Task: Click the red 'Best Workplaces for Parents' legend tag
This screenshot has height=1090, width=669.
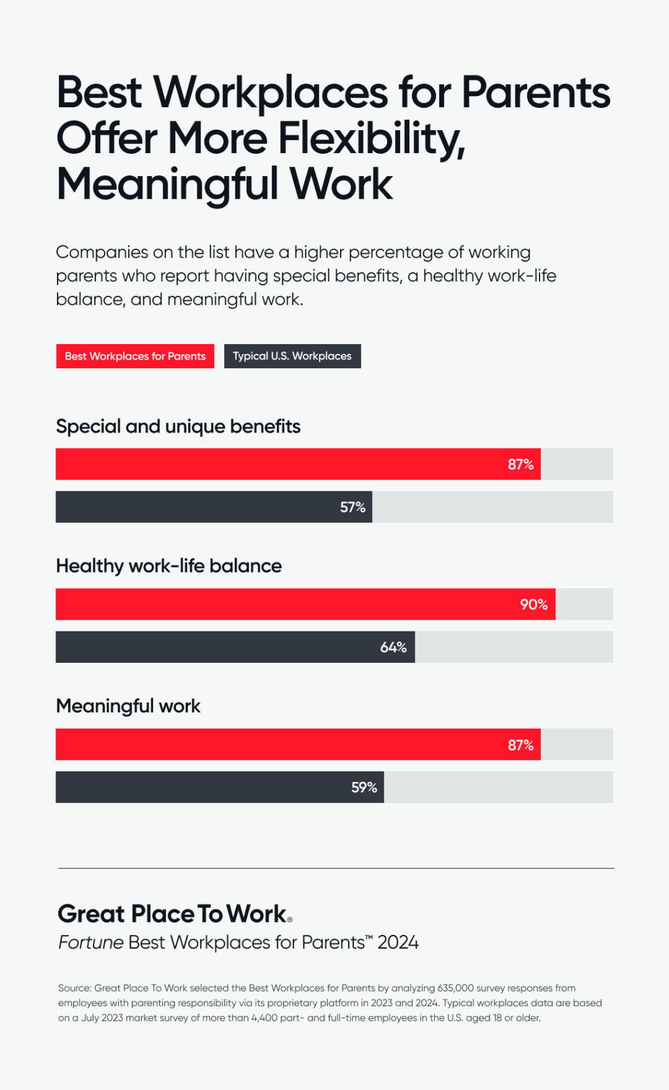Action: pyautogui.click(x=135, y=356)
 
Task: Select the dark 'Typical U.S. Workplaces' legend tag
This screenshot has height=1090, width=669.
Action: pyautogui.click(x=292, y=356)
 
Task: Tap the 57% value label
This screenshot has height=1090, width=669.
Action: pyautogui.click(x=352, y=507)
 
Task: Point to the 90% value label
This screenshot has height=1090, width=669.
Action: pyautogui.click(x=534, y=605)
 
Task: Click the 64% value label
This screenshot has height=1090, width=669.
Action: pyautogui.click(x=393, y=647)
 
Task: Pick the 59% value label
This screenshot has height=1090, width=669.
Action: pyautogui.click(x=364, y=787)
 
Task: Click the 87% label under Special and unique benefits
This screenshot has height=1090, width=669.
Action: pyautogui.click(x=521, y=465)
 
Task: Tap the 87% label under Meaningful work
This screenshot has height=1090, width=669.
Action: pyautogui.click(x=521, y=745)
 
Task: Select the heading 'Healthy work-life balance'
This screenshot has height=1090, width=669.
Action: pyautogui.click(x=169, y=566)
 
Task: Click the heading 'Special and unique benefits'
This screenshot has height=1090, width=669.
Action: pyautogui.click(x=178, y=427)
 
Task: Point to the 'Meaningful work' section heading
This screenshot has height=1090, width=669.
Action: pyautogui.click(x=128, y=706)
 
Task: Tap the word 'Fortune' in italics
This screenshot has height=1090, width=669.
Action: pyautogui.click(x=90, y=942)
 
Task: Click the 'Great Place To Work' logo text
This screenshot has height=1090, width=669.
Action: pyautogui.click(x=173, y=914)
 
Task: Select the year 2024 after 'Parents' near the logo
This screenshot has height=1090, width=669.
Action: pyautogui.click(x=398, y=942)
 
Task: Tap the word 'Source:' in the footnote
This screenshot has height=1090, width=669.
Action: pyautogui.click(x=75, y=988)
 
